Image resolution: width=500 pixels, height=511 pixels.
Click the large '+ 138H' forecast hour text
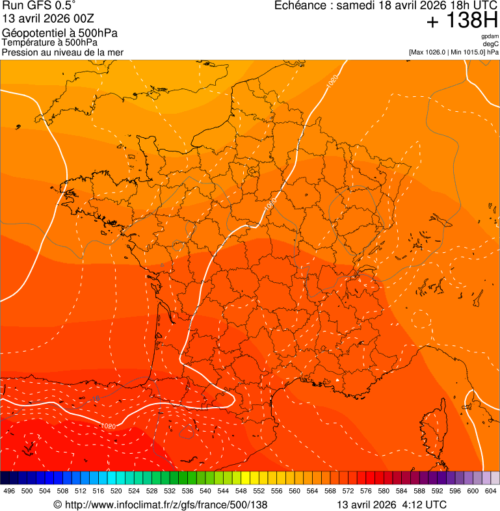tap(462, 21)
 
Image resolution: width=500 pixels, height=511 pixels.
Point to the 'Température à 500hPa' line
tap(49, 43)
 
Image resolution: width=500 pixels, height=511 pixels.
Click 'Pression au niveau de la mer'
tap(62, 52)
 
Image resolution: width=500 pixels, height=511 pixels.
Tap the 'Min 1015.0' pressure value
tap(469, 52)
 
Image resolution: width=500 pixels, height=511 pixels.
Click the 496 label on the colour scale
tap(9, 491)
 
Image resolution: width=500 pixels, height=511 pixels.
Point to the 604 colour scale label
tap(491, 491)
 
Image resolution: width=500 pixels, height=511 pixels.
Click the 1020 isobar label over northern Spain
tap(109, 426)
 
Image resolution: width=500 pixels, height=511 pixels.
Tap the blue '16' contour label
tap(97, 399)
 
